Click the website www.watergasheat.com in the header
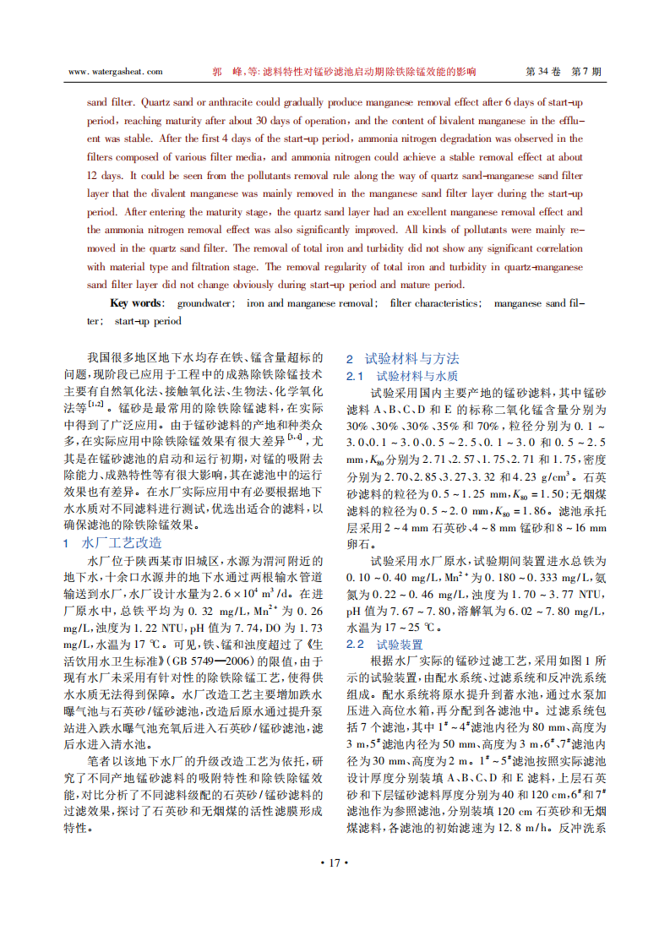click(x=114, y=73)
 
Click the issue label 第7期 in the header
click(x=587, y=73)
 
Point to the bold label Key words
click(x=137, y=303)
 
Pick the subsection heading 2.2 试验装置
click(x=388, y=645)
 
